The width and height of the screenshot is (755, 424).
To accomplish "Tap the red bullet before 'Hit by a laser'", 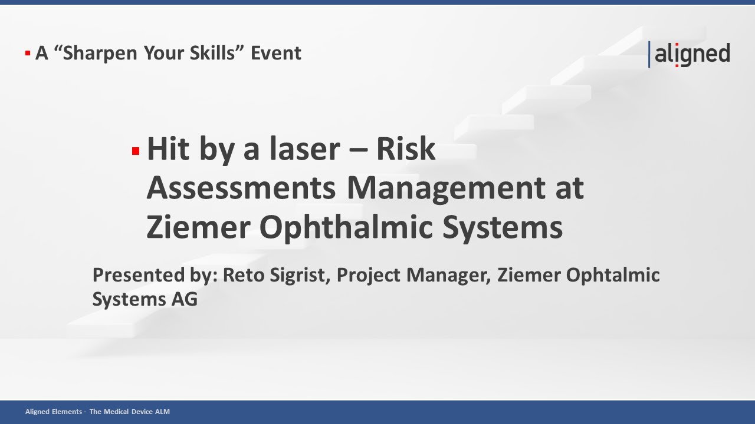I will (136, 151).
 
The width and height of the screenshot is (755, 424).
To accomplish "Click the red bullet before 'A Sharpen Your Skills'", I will (28, 54).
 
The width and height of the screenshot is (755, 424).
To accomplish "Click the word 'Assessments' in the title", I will (241, 188).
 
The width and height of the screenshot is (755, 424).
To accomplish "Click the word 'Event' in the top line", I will (276, 53).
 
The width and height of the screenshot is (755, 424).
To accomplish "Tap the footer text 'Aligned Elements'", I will (53, 412).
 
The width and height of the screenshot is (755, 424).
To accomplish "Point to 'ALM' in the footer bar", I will (161, 412).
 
